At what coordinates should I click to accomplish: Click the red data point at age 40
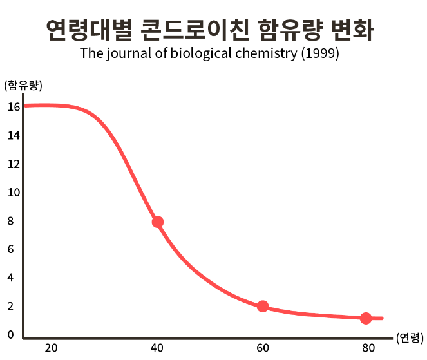click(x=157, y=222)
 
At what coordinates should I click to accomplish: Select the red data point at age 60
click(x=262, y=306)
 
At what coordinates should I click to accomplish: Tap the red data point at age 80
click(x=366, y=318)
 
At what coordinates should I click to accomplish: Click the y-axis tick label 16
click(x=14, y=107)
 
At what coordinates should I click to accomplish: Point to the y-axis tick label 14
click(x=14, y=135)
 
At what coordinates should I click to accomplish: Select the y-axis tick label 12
click(x=14, y=164)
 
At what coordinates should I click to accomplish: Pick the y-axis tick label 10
click(x=14, y=193)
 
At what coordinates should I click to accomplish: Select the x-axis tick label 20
click(x=51, y=348)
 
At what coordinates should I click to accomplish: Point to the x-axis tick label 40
click(x=157, y=348)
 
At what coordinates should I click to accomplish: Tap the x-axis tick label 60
click(x=262, y=348)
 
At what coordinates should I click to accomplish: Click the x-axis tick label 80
click(x=368, y=348)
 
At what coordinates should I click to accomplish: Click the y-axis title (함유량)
click(x=23, y=85)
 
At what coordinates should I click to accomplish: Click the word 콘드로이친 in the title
click(x=195, y=30)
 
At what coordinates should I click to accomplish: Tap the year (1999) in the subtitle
click(x=320, y=53)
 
